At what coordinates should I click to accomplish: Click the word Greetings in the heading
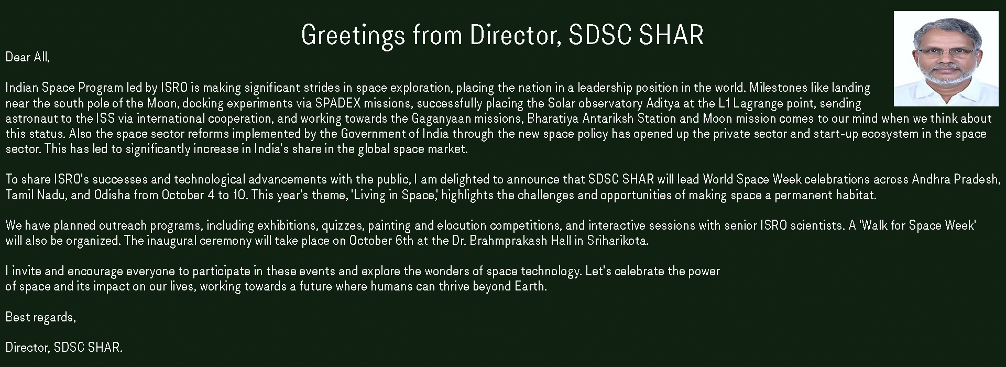coord(353,35)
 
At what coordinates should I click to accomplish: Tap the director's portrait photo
coord(946,59)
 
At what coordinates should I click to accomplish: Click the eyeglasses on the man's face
coord(946,52)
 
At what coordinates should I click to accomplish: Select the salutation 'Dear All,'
coord(28,57)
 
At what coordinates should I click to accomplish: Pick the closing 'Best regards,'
coord(41,318)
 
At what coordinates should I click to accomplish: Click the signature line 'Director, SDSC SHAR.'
coord(64,348)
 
